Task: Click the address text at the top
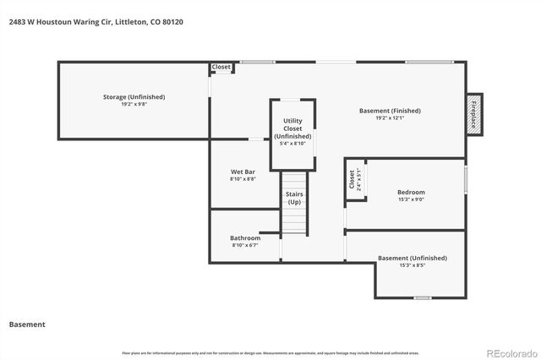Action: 96,22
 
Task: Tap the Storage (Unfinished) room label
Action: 134,97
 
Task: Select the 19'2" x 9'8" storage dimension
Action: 134,106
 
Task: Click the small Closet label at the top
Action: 221,67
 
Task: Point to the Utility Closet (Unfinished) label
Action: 292,128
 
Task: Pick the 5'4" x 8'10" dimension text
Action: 292,144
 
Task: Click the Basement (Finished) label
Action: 390,111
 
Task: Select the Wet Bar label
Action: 243,172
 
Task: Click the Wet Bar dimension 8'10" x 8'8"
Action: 243,179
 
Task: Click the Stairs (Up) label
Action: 294,199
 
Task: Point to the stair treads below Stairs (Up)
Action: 292,220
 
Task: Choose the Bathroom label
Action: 245,238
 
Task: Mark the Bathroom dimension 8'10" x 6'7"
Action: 245,246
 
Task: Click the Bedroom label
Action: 411,193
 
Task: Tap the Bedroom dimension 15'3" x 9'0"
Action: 411,200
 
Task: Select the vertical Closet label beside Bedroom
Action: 352,180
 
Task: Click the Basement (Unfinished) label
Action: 412,258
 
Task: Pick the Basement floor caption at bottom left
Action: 27,325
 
